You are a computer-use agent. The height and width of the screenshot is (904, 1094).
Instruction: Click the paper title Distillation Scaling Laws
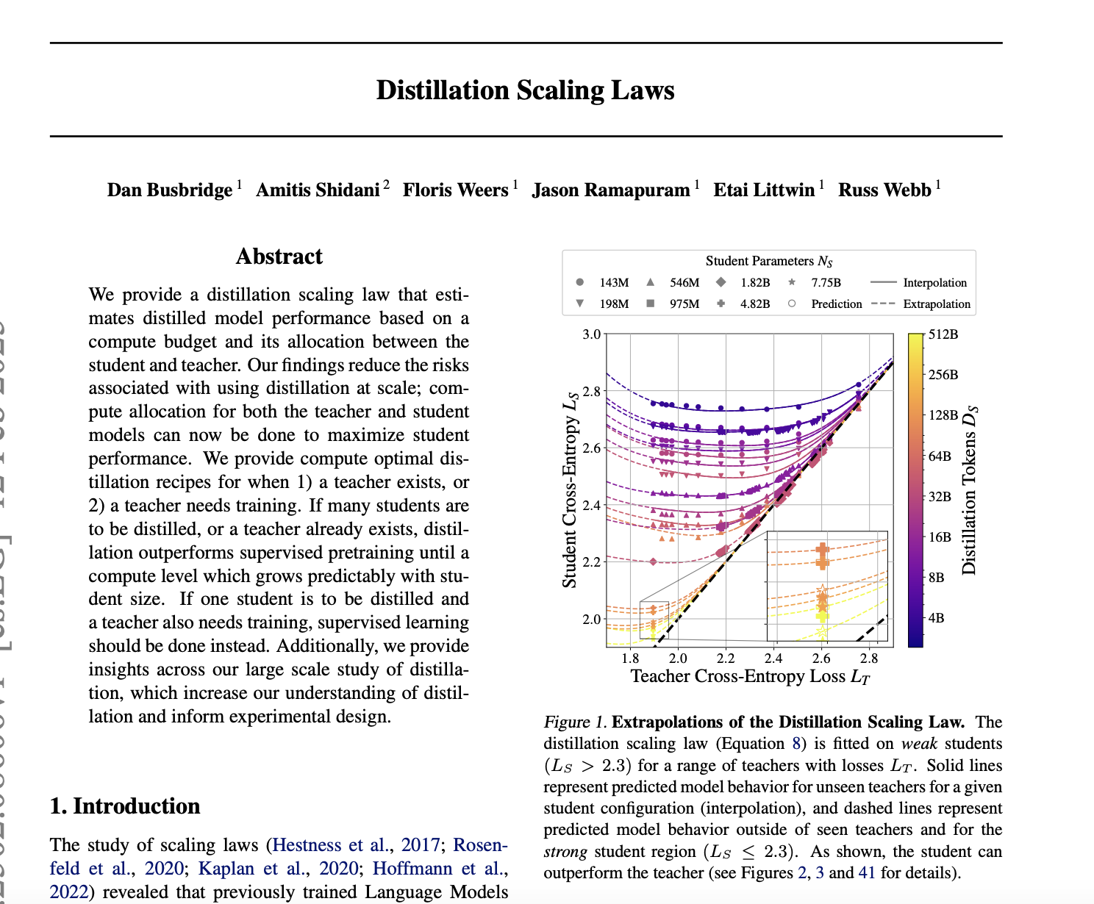[x=525, y=90]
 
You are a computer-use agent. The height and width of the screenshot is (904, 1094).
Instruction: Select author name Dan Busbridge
[x=169, y=190]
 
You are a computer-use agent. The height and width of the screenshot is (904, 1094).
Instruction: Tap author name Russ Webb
[x=884, y=190]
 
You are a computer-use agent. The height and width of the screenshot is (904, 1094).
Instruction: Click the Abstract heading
[x=279, y=257]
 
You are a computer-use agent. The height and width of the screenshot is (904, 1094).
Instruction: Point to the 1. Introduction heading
[x=125, y=806]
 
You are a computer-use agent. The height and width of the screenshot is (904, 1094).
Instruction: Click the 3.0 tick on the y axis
[x=591, y=334]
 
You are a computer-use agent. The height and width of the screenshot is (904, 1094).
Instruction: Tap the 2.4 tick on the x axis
[x=773, y=659]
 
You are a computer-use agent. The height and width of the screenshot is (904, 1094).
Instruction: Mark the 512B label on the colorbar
[x=943, y=334]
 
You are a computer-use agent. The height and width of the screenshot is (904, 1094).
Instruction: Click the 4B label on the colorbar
[x=936, y=618]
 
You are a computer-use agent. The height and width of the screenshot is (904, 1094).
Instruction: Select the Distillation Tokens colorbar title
[x=970, y=490]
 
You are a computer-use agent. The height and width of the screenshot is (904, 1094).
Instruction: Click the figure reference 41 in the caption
[x=867, y=873]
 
